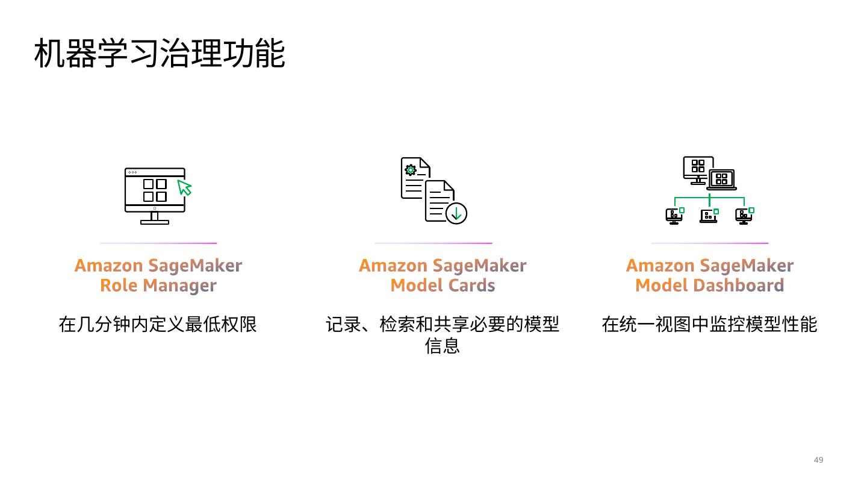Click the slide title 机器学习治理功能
(160, 53)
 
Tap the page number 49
(818, 460)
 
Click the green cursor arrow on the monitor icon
(184, 187)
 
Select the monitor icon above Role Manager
(155, 195)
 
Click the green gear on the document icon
(411, 170)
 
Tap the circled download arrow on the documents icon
(456, 213)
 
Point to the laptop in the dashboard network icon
(721, 180)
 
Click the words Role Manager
(158, 285)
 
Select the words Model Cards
(443, 285)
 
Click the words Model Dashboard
(709, 285)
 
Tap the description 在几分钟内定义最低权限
(158, 325)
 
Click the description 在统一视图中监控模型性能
(709, 325)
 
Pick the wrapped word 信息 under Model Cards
(443, 346)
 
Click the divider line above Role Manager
(158, 243)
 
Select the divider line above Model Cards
(433, 243)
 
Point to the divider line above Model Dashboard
(709, 243)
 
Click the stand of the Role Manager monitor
(155, 218)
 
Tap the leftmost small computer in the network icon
(674, 215)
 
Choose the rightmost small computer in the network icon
(744, 215)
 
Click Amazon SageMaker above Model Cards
(443, 266)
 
